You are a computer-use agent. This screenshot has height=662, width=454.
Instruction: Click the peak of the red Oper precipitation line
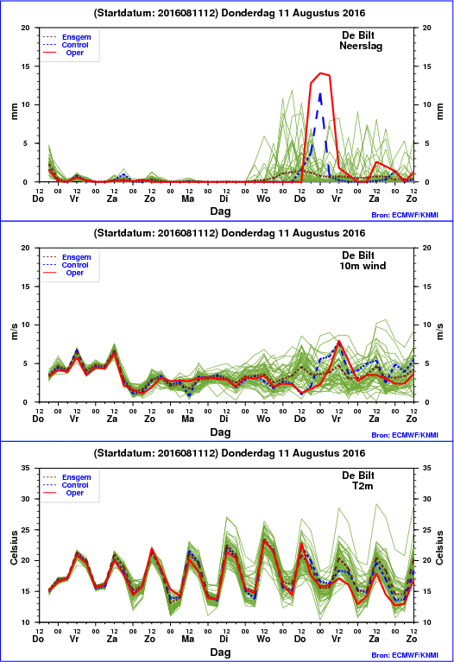click(320, 73)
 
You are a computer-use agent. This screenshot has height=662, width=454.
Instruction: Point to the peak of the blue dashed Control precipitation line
click(320, 94)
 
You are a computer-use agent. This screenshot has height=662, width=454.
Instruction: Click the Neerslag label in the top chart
click(361, 46)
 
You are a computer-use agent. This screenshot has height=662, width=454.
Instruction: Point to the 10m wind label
click(363, 266)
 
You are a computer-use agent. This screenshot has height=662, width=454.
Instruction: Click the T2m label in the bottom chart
click(363, 486)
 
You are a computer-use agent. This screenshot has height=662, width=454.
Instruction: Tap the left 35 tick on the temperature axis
click(26, 468)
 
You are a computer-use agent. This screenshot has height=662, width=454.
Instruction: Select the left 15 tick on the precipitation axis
click(26, 66)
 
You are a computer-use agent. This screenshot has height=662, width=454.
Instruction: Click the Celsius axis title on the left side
click(14, 547)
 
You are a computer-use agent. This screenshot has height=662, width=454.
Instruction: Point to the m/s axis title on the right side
click(440, 331)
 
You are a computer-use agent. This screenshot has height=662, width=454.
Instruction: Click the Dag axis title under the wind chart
click(220, 432)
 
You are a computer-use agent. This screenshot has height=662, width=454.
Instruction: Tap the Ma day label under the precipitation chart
click(188, 199)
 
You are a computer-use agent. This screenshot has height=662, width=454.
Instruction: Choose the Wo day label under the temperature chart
click(263, 639)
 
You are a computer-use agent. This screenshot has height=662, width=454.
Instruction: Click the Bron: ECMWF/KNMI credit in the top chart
click(405, 215)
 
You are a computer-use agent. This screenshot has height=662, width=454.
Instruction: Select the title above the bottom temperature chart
click(230, 453)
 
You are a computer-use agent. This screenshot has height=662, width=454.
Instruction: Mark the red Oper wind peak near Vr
click(338, 341)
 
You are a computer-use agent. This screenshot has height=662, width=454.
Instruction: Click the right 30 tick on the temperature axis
click(427, 499)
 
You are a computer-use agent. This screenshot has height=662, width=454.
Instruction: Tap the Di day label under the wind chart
click(224, 419)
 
